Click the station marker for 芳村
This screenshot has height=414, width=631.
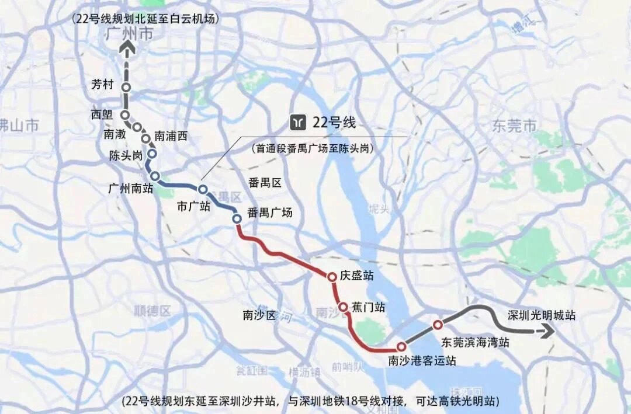pyautogui.click(x=126, y=88)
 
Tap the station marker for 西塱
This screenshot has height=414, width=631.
pyautogui.click(x=124, y=114)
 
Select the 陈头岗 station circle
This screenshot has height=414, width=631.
pyautogui.click(x=152, y=154)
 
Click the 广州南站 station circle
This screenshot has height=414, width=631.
pyautogui.click(x=155, y=176)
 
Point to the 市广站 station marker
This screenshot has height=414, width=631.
pyautogui.click(x=203, y=189)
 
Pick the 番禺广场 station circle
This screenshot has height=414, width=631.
pyautogui.click(x=237, y=218)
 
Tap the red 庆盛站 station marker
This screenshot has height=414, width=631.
pyautogui.click(x=332, y=277)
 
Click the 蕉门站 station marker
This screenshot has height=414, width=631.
pyautogui.click(x=343, y=307)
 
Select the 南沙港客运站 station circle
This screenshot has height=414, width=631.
pyautogui.click(x=401, y=346)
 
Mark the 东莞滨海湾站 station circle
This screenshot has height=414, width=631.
pyautogui.click(x=438, y=325)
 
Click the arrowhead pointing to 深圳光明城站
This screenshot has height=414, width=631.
pyautogui.click(x=548, y=332)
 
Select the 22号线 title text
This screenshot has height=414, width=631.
pyautogui.click(x=334, y=123)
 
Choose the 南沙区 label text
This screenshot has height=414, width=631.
pyautogui.click(x=259, y=315)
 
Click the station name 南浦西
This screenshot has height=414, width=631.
pyautogui.click(x=171, y=136)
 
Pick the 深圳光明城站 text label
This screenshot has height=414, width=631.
pyautogui.click(x=542, y=315)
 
